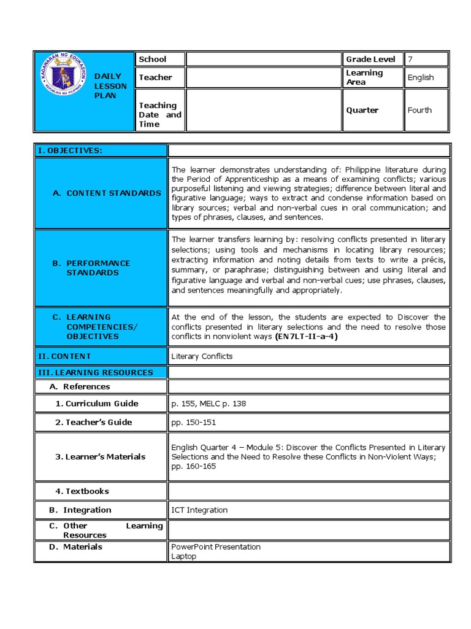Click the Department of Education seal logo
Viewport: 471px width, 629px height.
tap(66, 79)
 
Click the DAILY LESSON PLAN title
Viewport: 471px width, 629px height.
tap(110, 86)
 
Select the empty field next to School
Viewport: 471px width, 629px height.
tap(263, 60)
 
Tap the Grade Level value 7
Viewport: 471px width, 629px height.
tap(410, 60)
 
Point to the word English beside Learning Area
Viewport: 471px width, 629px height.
tap(421, 77)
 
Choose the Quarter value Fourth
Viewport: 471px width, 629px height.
tap(419, 111)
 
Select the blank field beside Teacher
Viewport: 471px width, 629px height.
tap(263, 77)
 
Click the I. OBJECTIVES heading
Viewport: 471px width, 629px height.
tap(70, 150)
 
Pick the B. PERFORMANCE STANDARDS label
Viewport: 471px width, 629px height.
tap(98, 268)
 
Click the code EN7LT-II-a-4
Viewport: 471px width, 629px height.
tap(307, 337)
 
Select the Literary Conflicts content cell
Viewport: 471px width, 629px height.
tap(202, 356)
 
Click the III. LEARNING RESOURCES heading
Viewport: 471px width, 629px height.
tap(96, 372)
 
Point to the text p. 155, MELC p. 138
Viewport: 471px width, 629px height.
tap(209, 404)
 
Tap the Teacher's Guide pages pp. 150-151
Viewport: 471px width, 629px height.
tap(194, 423)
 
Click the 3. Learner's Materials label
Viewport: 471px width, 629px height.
tap(101, 456)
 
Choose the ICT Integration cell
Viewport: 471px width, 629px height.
tap(199, 510)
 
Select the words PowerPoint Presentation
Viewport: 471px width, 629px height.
tap(216, 547)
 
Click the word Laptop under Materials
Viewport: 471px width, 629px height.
tap(184, 557)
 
